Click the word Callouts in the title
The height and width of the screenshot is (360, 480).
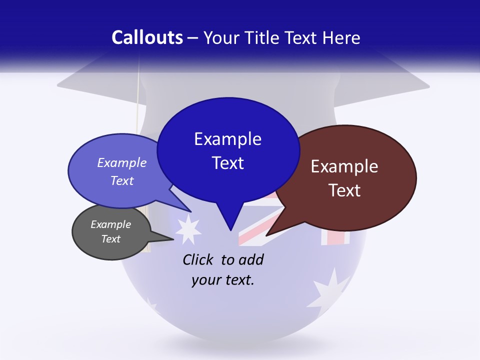pos(147,38)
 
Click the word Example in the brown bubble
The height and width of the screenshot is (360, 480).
pos(344,166)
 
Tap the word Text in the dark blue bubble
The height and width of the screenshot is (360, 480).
pos(228,163)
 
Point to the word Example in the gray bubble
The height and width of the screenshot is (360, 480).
pos(110,224)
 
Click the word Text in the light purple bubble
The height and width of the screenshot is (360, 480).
pos(122,180)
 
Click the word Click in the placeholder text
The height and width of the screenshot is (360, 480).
pos(199,259)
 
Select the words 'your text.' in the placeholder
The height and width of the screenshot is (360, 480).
pos(223,280)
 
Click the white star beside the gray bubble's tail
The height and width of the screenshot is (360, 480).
pos(189,229)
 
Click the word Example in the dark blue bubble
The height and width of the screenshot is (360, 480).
pos(228,139)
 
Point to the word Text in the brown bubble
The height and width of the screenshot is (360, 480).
pos(344,190)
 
